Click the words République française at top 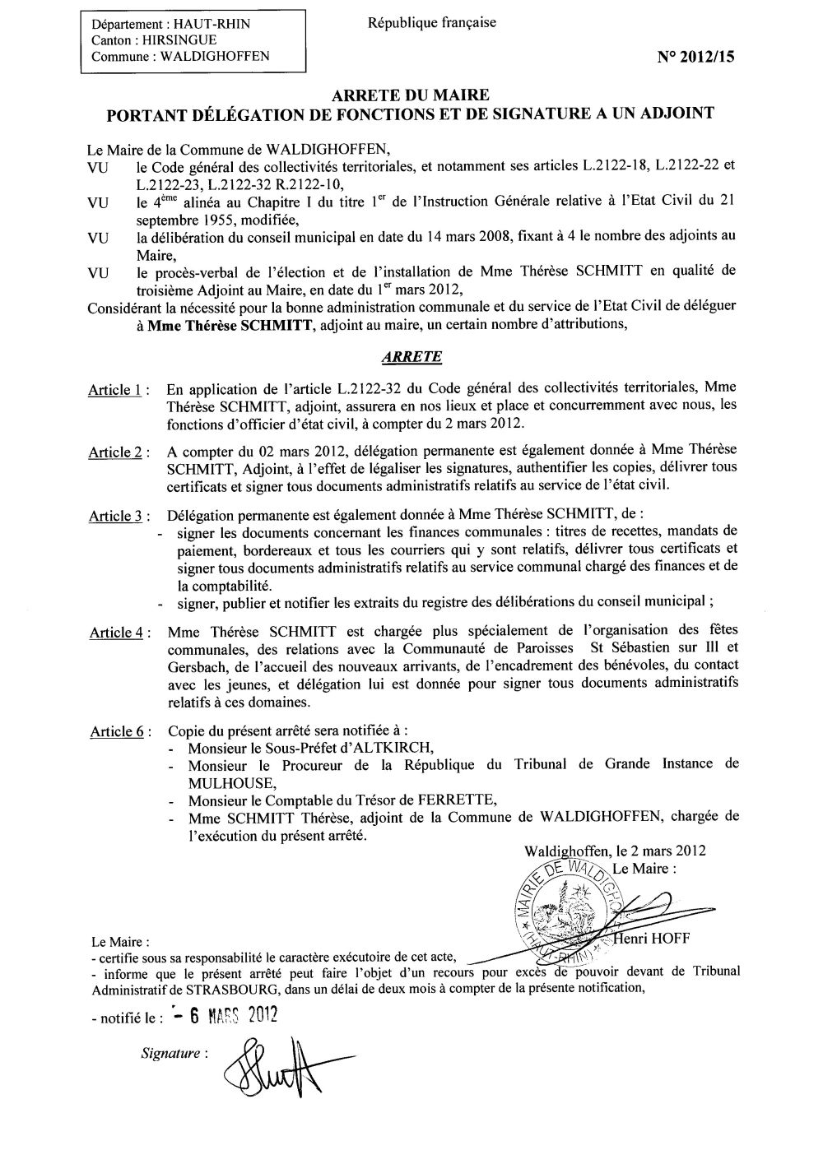click(432, 23)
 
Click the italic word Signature click(170, 1052)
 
